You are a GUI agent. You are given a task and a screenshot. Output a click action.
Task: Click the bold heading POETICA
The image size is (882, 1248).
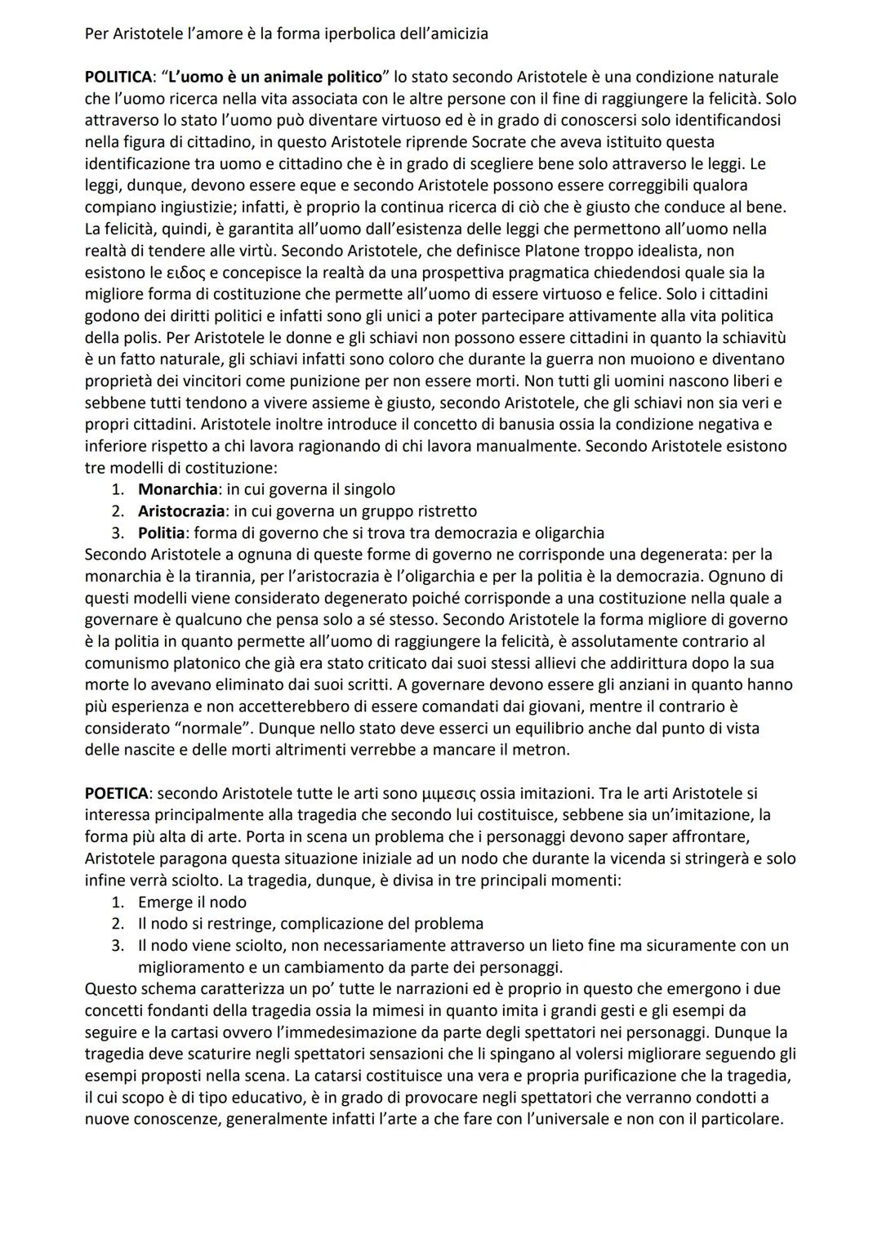click(x=116, y=793)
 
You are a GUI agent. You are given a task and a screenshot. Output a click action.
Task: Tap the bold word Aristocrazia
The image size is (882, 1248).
click(x=180, y=511)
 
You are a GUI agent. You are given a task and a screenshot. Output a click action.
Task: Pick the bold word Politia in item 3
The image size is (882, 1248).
click(x=163, y=533)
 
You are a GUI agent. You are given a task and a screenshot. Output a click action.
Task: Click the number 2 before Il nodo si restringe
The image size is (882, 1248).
click(x=118, y=924)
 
